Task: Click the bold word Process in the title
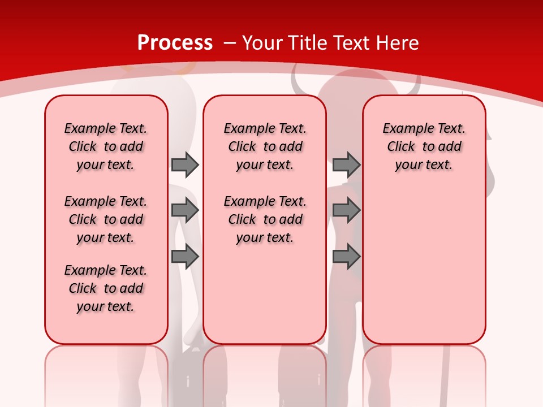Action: [x=175, y=43]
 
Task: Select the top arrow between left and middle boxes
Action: [x=185, y=164]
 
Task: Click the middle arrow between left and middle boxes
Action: [x=185, y=210]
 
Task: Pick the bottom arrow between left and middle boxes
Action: [x=185, y=257]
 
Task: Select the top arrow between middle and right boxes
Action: [x=346, y=164]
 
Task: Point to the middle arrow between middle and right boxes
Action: [x=346, y=210]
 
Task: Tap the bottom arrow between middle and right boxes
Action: [x=346, y=257]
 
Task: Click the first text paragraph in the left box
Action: [x=106, y=146]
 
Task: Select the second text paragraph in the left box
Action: [x=106, y=219]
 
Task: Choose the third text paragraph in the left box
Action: [x=106, y=288]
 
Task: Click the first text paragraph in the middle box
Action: [x=265, y=146]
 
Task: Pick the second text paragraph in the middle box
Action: [x=265, y=219]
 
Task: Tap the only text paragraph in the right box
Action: [x=424, y=146]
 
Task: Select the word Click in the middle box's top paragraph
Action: [x=242, y=147]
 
